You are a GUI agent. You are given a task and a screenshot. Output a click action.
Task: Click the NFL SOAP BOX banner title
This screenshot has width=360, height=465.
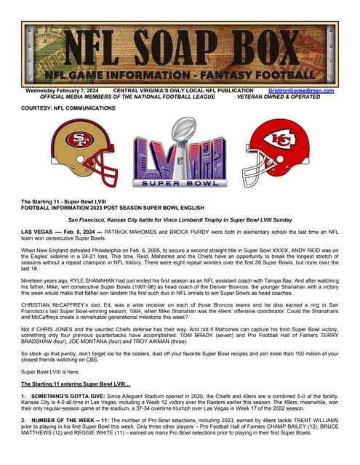click(x=180, y=46)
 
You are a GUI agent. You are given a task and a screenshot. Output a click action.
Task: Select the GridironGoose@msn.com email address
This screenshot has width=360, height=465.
click(x=300, y=91)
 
